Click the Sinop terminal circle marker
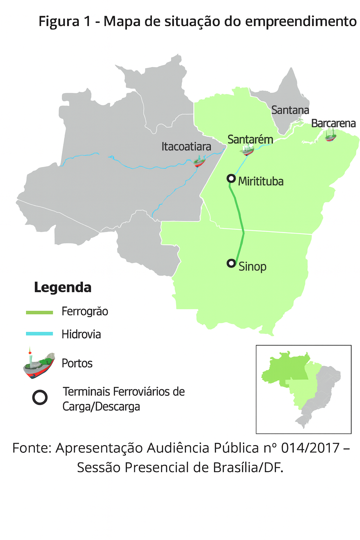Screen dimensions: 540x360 231,263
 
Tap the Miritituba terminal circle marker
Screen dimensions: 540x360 231,178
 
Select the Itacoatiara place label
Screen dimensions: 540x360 186,146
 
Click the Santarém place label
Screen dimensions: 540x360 250,139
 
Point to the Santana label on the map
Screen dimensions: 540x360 290,110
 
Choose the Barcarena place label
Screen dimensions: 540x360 333,123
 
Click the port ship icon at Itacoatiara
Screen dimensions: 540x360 199,162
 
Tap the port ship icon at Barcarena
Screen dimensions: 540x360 330,135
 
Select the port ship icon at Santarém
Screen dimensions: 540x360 248,150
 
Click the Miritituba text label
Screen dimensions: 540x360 261,181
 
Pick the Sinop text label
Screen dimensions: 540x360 252,266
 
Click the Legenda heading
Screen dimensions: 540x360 63,287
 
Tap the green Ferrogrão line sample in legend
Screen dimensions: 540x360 39,312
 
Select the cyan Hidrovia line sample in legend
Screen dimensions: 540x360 39,334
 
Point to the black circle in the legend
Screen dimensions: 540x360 40,398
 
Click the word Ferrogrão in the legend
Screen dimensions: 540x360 85,311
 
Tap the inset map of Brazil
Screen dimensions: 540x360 303,389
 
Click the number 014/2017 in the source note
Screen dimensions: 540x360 310,448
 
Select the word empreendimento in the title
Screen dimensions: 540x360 301,21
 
